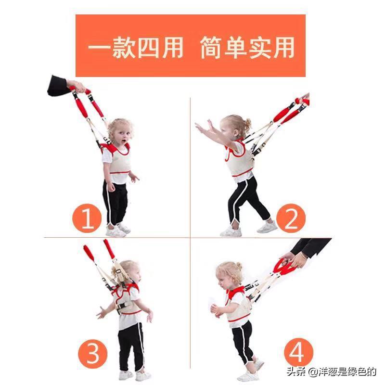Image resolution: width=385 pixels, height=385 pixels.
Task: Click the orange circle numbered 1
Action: point(87,219)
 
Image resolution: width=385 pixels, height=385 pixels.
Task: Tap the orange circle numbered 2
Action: point(291,219)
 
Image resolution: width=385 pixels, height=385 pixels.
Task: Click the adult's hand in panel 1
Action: point(78,87)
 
